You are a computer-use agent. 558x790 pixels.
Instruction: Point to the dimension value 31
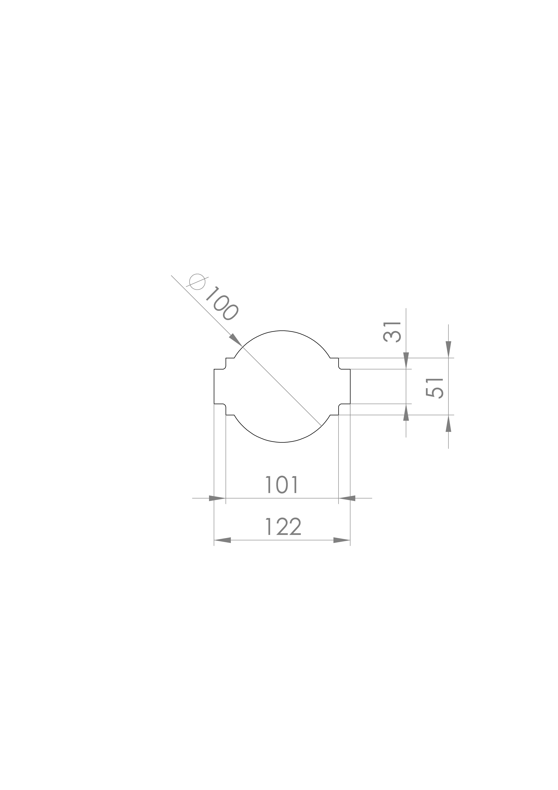[x=392, y=332]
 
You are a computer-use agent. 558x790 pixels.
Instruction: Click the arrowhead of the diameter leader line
[x=236, y=340]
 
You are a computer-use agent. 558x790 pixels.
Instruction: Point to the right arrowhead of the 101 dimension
[x=347, y=498]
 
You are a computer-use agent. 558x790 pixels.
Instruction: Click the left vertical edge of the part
[x=214, y=386]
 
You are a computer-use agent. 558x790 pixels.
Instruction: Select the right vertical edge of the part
[x=350, y=386]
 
